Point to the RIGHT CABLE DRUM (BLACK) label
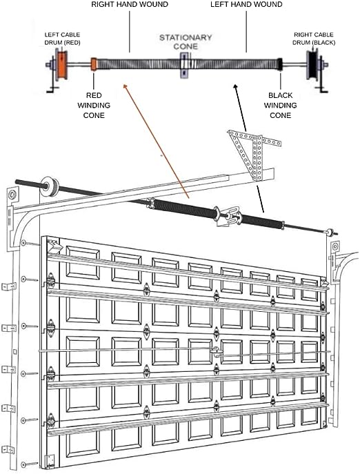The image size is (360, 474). pos(313,37)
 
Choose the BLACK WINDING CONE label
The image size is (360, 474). pos(280,105)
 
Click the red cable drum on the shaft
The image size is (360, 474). pos(61,66)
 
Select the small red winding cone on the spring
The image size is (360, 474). pos(93,65)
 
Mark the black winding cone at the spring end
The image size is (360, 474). pos(279,65)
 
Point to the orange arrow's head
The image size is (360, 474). pos(124,86)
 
